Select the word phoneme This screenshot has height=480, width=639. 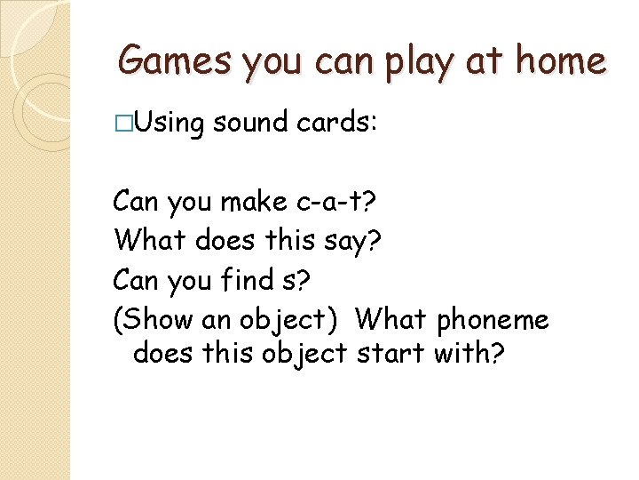[x=493, y=318]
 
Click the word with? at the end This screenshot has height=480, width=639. [x=469, y=355]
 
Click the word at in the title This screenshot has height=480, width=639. [x=483, y=60]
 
